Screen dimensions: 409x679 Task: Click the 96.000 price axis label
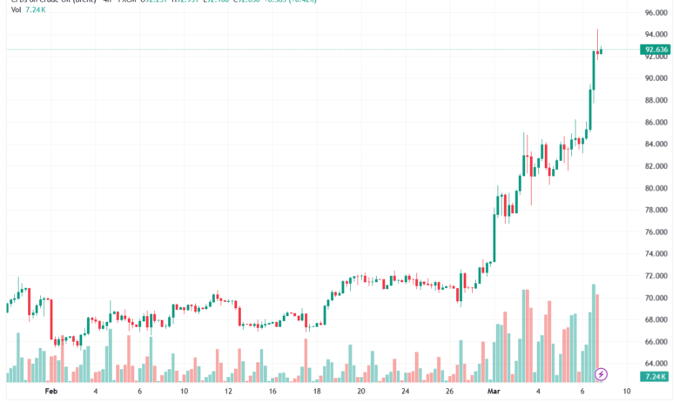tap(655, 12)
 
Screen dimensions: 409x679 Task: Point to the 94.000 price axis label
tap(655, 34)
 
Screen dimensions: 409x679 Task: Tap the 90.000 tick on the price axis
tap(655, 77)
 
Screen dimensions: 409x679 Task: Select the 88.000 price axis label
tap(655, 100)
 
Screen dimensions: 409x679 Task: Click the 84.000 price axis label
tap(655, 144)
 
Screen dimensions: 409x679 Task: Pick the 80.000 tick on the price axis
tap(655, 188)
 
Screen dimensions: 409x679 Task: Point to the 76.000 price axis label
tap(655, 232)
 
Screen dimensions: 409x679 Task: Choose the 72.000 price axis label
tap(655, 276)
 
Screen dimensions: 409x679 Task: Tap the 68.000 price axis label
tap(655, 320)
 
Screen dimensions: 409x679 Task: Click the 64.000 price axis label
tap(655, 365)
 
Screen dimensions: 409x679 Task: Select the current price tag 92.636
tap(656, 50)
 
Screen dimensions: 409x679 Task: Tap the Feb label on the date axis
tap(50, 392)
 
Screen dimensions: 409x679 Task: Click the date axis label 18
tap(317, 392)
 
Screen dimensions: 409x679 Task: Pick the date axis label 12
tap(228, 392)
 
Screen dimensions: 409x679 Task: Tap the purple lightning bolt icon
tap(601, 375)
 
